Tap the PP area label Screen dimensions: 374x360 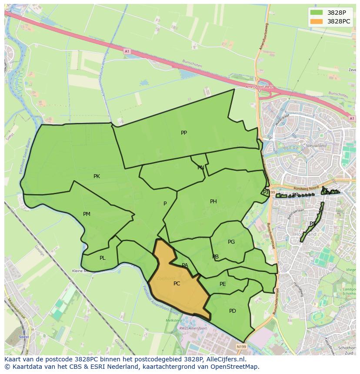click(x=184, y=133)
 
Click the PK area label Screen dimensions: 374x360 click(x=97, y=176)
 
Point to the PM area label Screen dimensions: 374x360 click(x=87, y=214)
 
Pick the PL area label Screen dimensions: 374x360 click(x=102, y=258)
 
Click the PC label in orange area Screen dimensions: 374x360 click(x=177, y=284)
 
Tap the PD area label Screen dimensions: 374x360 click(x=232, y=311)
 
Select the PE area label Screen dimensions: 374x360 click(x=223, y=284)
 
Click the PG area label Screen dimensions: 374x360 click(x=231, y=242)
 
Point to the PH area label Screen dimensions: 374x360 click(x=213, y=202)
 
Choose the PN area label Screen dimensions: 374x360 click(x=200, y=168)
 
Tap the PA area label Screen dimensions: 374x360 click(x=185, y=265)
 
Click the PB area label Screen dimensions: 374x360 click(x=215, y=257)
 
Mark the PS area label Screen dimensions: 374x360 click(x=312, y=224)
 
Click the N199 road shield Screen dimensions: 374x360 click(x=241, y=347)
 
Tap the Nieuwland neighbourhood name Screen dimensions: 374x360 click(x=316, y=146)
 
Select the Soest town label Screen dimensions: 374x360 click(x=24, y=337)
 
